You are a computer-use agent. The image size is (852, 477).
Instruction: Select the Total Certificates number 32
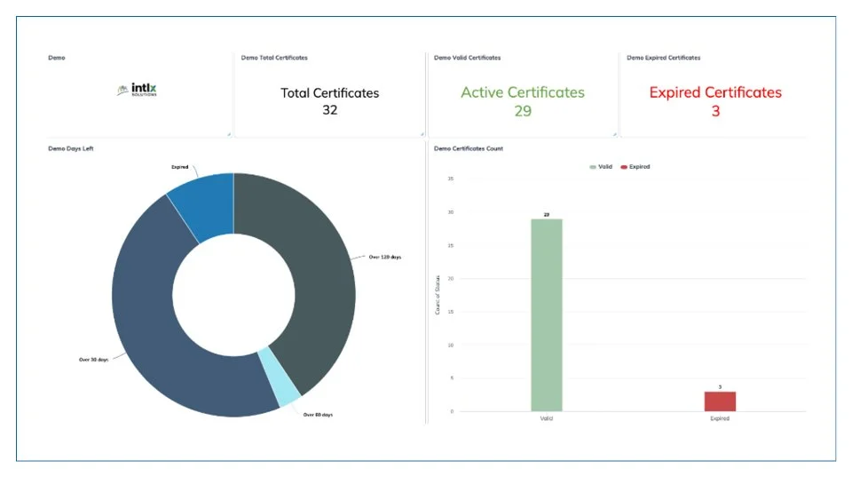pos(329,110)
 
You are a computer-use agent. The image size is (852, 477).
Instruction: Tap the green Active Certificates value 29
pos(522,110)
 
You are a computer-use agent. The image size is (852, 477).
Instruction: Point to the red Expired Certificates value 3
pos(715,111)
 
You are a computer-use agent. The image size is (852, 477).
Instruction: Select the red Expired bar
pos(720,401)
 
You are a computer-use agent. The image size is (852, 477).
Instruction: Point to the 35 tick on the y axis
pos(451,179)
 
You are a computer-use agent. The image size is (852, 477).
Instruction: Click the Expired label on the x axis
pos(720,418)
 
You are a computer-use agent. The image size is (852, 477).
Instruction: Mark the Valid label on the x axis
pos(547,418)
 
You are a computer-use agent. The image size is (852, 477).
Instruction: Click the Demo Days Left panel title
pos(71,148)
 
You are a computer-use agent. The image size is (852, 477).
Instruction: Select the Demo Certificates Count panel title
pos(469,148)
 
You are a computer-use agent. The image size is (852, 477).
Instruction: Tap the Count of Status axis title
pos(438,296)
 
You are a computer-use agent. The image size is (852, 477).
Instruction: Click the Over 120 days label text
pos(385,257)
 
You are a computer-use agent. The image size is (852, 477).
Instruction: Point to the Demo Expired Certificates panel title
pos(663,58)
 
